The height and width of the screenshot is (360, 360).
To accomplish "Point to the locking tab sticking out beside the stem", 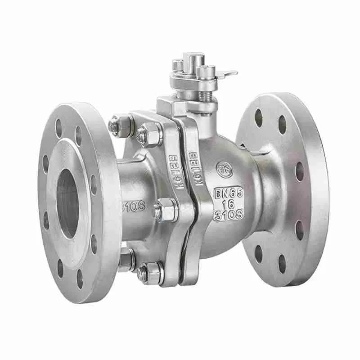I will click(x=228, y=73).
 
